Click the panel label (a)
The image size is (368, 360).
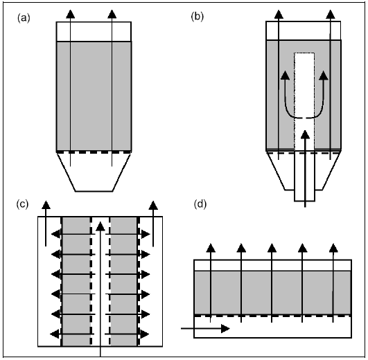[24, 18]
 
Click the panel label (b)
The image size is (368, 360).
[198, 17]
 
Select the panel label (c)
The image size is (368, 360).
[22, 204]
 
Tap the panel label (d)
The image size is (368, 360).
[200, 204]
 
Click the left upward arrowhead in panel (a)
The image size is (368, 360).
[70, 14]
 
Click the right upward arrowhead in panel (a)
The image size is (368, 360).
[112, 14]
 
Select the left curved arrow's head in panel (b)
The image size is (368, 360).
[285, 75]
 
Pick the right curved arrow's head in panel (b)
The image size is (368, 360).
[324, 75]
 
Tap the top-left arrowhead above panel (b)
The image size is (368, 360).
[279, 14]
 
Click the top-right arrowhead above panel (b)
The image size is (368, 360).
[331, 14]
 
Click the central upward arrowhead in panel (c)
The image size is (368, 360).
[100, 226]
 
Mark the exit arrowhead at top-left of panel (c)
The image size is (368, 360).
[46, 205]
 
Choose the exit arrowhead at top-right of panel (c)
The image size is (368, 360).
[153, 205]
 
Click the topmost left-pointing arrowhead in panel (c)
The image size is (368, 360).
[55, 234]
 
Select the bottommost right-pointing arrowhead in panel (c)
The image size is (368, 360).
[146, 334]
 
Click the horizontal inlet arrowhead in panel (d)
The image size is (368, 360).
[225, 329]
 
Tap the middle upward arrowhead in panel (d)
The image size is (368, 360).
[272, 248]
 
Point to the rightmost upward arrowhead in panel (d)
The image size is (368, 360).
[333, 248]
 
